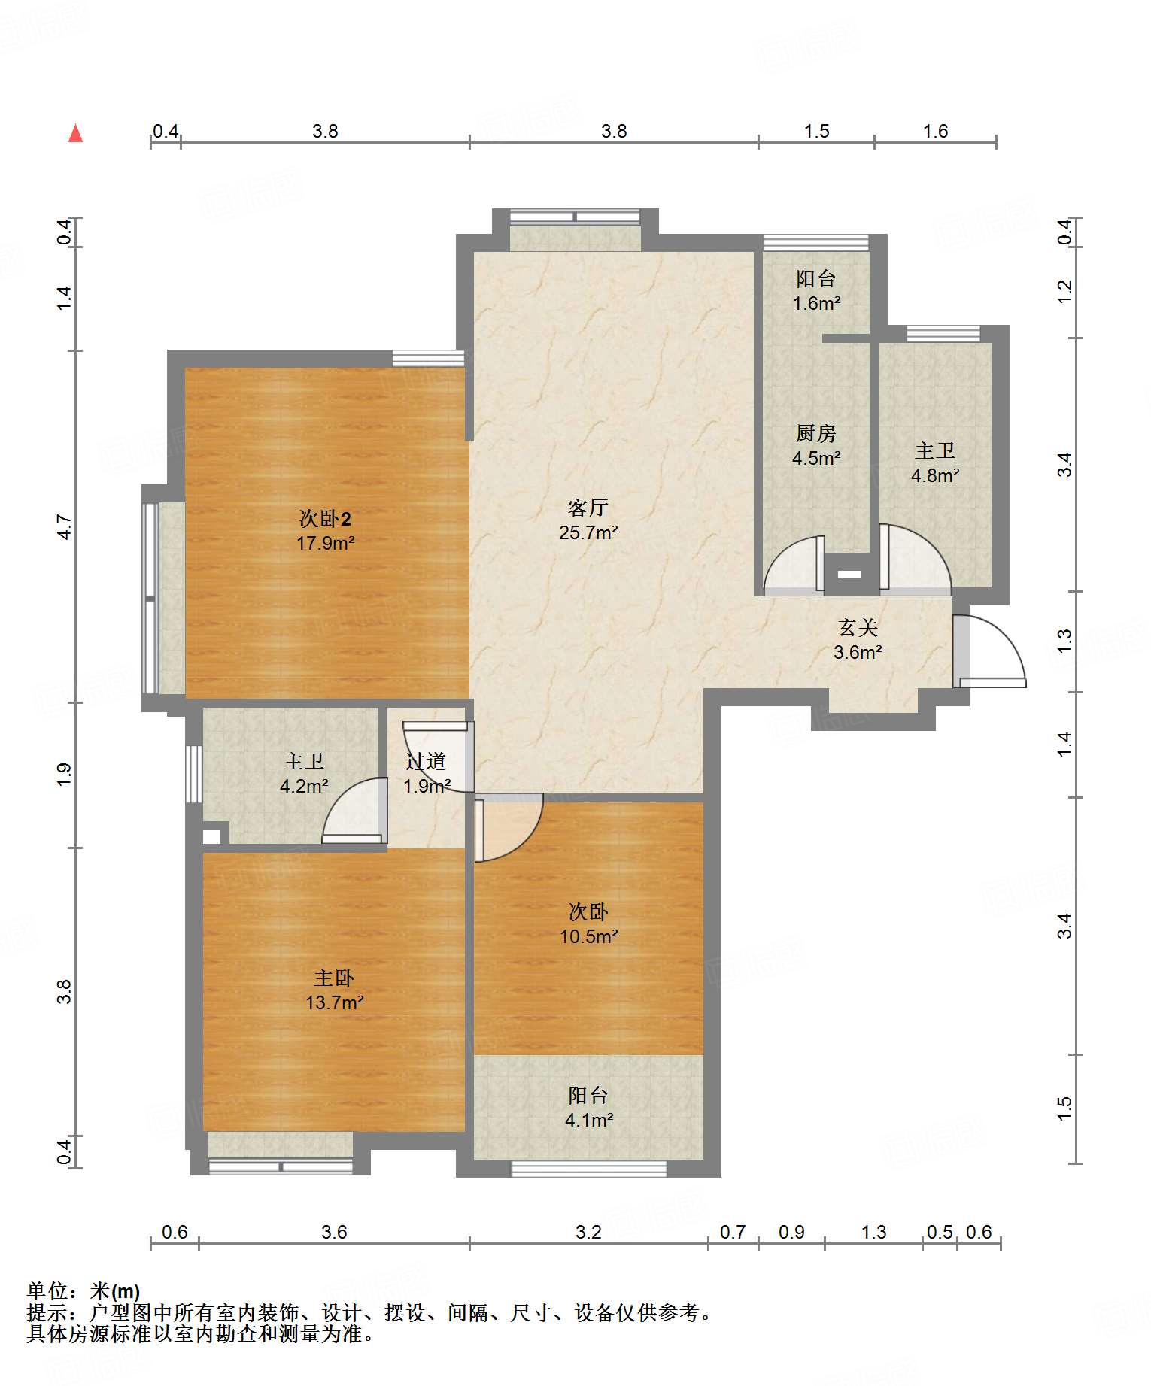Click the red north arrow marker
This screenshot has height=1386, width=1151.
(x=75, y=133)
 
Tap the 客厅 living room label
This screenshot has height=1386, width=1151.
(x=588, y=508)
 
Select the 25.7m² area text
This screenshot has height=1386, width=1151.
(x=588, y=532)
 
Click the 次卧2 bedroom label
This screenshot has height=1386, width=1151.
(x=325, y=518)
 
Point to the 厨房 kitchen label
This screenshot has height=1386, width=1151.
(x=816, y=433)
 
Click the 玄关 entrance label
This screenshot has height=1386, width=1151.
(x=858, y=627)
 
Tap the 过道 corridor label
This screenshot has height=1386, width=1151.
(x=426, y=761)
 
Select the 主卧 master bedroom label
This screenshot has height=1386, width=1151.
(x=334, y=978)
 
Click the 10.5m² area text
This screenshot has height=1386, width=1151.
(x=589, y=936)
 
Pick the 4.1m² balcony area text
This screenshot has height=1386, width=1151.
(x=589, y=1120)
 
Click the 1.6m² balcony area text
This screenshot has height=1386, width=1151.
(x=816, y=303)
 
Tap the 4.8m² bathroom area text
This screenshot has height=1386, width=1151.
(x=935, y=475)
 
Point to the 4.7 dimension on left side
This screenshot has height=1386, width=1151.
(x=65, y=526)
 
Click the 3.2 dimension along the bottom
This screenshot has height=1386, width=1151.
(x=589, y=1232)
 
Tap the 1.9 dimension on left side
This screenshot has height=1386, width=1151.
(x=65, y=775)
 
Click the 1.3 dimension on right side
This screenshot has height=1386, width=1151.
(x=1064, y=640)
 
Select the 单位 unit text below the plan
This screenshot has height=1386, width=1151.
(x=47, y=1291)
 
